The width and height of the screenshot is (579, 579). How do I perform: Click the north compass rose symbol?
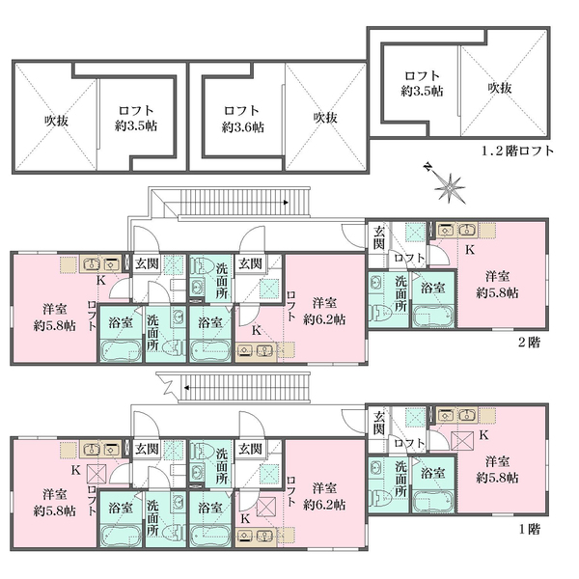446,184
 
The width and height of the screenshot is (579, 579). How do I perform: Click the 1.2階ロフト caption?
517,152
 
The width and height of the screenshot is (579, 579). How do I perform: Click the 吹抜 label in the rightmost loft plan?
499,88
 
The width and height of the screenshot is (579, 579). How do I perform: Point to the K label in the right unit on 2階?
470,249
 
